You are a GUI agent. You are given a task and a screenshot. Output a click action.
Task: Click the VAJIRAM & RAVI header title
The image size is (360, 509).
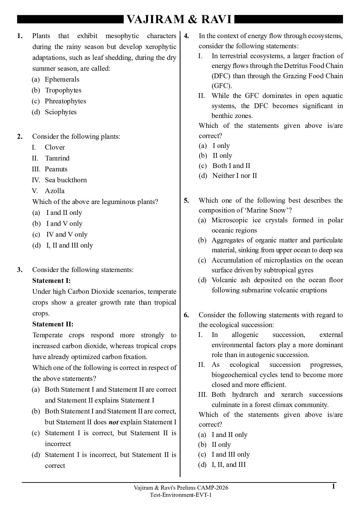[x=179, y=19]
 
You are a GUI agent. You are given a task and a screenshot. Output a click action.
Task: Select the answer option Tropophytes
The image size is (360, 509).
[x=63, y=90]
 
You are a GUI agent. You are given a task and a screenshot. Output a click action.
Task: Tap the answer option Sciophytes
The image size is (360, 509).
[x=61, y=112]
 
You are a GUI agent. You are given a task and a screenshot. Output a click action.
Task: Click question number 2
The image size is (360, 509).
[x=20, y=136]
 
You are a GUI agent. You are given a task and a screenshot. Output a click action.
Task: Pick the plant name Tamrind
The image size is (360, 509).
[x=57, y=158]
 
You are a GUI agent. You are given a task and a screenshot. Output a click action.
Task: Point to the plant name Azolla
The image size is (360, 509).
[x=54, y=191]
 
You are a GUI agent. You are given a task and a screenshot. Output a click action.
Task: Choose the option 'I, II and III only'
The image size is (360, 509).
[x=69, y=245]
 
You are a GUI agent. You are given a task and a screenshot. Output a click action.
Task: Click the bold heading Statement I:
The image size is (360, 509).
[x=51, y=281]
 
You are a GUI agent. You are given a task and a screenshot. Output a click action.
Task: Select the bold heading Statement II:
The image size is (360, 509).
[x=53, y=324]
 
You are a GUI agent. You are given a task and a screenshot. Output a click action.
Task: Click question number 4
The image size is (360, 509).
[x=186, y=36]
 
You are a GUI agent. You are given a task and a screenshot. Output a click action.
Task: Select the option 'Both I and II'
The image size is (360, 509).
[x=231, y=166]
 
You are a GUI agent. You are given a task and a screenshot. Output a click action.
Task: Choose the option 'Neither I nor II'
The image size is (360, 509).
[x=234, y=175]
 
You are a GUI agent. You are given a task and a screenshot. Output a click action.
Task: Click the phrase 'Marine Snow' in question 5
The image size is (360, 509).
[x=267, y=210]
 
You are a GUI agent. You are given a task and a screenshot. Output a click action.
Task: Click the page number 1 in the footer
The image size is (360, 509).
[x=333, y=487]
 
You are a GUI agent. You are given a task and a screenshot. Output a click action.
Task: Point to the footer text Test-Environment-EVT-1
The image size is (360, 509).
[x=181, y=495]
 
